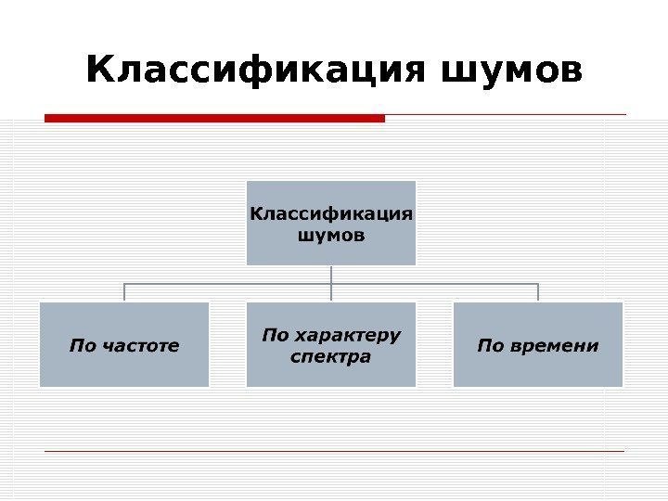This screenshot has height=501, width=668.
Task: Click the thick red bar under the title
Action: click(214, 118)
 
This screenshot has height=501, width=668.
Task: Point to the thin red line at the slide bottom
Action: click(334, 451)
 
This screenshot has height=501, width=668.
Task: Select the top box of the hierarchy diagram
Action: click(331, 223)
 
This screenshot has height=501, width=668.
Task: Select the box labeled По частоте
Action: click(124, 344)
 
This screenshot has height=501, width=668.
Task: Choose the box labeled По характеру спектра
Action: click(331, 344)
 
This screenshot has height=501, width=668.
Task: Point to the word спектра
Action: click(331, 356)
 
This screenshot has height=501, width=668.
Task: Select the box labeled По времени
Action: click(538, 344)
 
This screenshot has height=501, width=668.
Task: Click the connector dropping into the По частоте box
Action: click(124, 292)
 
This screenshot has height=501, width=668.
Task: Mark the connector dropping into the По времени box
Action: click(538, 292)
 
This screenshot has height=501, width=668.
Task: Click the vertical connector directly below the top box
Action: click(331, 274)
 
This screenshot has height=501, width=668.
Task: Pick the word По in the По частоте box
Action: click(83, 347)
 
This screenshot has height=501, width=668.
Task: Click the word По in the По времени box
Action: click(489, 347)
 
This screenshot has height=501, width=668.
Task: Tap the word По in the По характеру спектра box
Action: click(275, 334)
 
